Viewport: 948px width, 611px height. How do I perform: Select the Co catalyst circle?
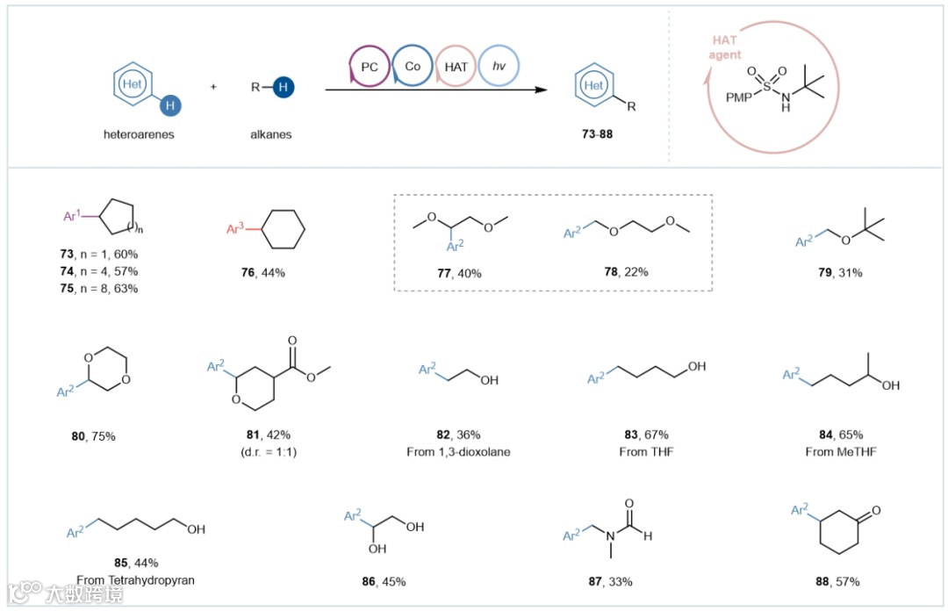pos(412,66)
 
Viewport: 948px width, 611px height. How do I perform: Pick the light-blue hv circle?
pos(499,66)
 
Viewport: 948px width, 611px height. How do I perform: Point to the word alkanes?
pos(271,135)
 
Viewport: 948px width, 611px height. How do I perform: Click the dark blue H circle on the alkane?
pos(284,87)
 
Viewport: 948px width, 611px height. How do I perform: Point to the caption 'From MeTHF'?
pos(838,451)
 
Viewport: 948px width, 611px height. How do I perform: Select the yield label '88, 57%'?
pos(838,580)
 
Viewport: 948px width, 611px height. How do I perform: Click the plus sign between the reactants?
pos(213,88)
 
